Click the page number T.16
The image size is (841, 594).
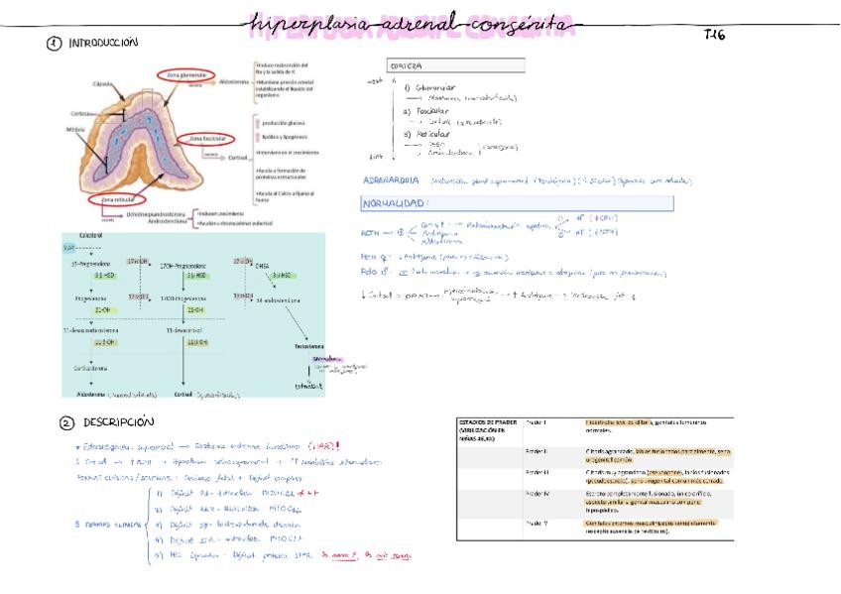715,35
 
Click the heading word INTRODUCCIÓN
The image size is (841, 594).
103,43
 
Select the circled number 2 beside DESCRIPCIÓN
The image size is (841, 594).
66,422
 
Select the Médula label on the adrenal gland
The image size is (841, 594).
73,129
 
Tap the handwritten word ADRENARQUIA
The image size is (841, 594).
391,180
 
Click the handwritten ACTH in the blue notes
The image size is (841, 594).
372,234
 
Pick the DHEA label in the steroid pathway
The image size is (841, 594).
262,265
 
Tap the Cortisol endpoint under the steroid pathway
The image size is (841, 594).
182,394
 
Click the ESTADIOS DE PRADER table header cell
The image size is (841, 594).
486,428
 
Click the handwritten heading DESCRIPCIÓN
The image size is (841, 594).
119,422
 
